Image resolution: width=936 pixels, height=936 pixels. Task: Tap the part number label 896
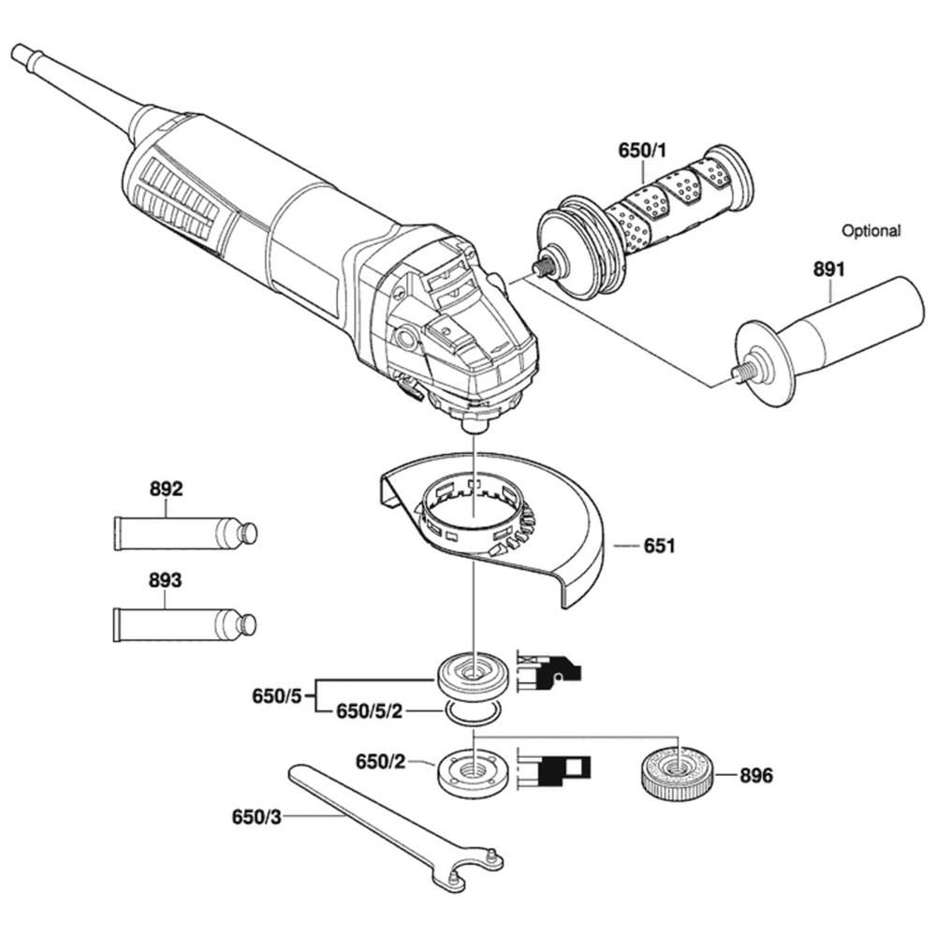[756, 776]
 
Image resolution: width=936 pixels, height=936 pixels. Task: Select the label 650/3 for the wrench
[256, 816]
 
